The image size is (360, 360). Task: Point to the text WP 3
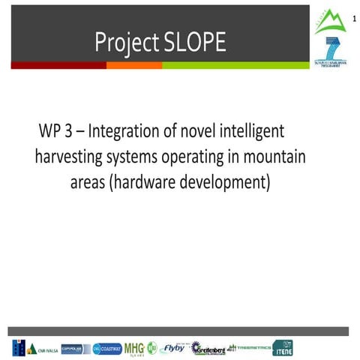pos(58,131)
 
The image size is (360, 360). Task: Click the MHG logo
pos(134,348)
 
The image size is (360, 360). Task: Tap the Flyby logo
pos(173,348)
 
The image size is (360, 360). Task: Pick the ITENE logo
pos(283,348)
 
